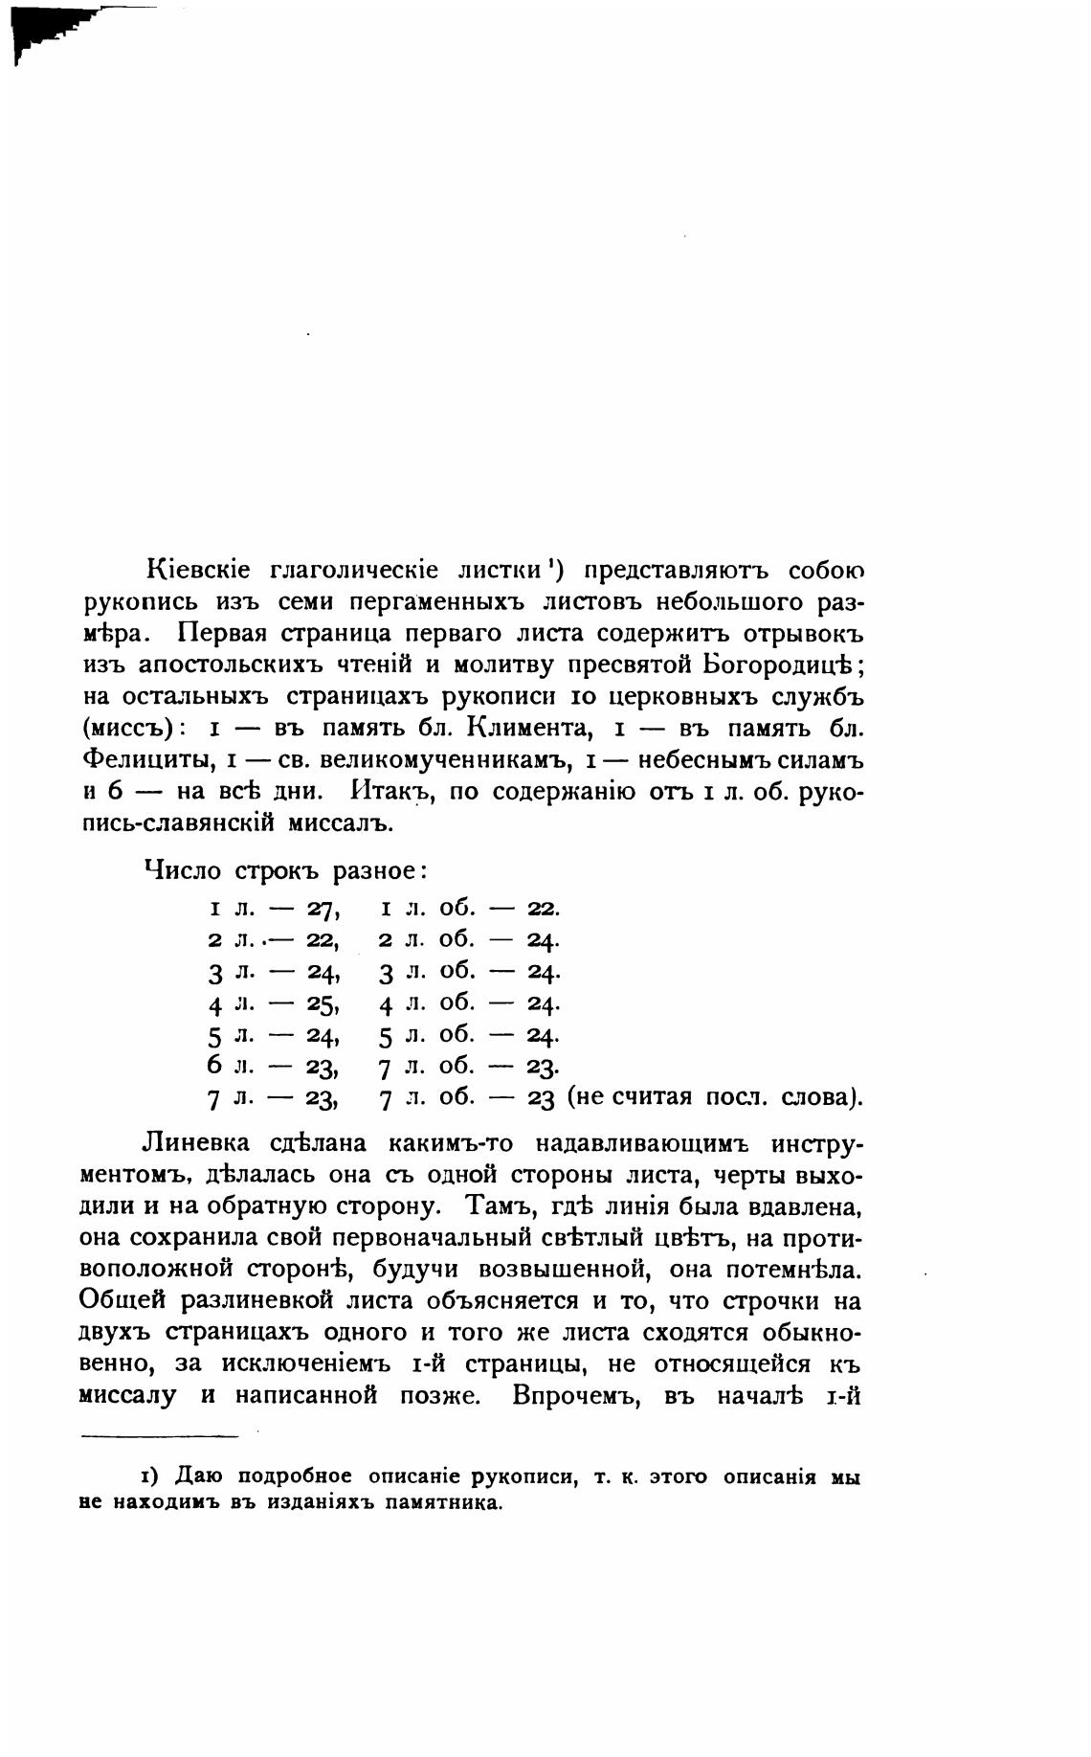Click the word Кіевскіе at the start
click(198, 571)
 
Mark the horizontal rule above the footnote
click(159, 1435)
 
